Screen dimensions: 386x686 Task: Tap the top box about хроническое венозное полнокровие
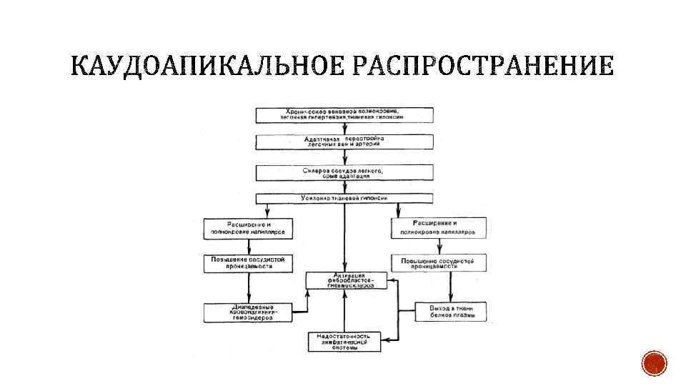tap(345, 115)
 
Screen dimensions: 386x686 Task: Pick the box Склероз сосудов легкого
tap(345, 173)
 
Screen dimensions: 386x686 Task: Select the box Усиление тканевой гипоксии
tap(345, 198)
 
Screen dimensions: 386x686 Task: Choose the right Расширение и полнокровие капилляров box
tap(439, 228)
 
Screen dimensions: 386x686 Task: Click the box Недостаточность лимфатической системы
tap(345, 341)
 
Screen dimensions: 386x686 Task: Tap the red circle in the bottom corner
tap(653, 365)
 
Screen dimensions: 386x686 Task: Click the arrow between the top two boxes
tap(345, 129)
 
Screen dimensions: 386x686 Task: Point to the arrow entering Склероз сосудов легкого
tap(345, 158)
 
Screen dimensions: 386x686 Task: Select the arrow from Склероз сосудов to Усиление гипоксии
tap(345, 187)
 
